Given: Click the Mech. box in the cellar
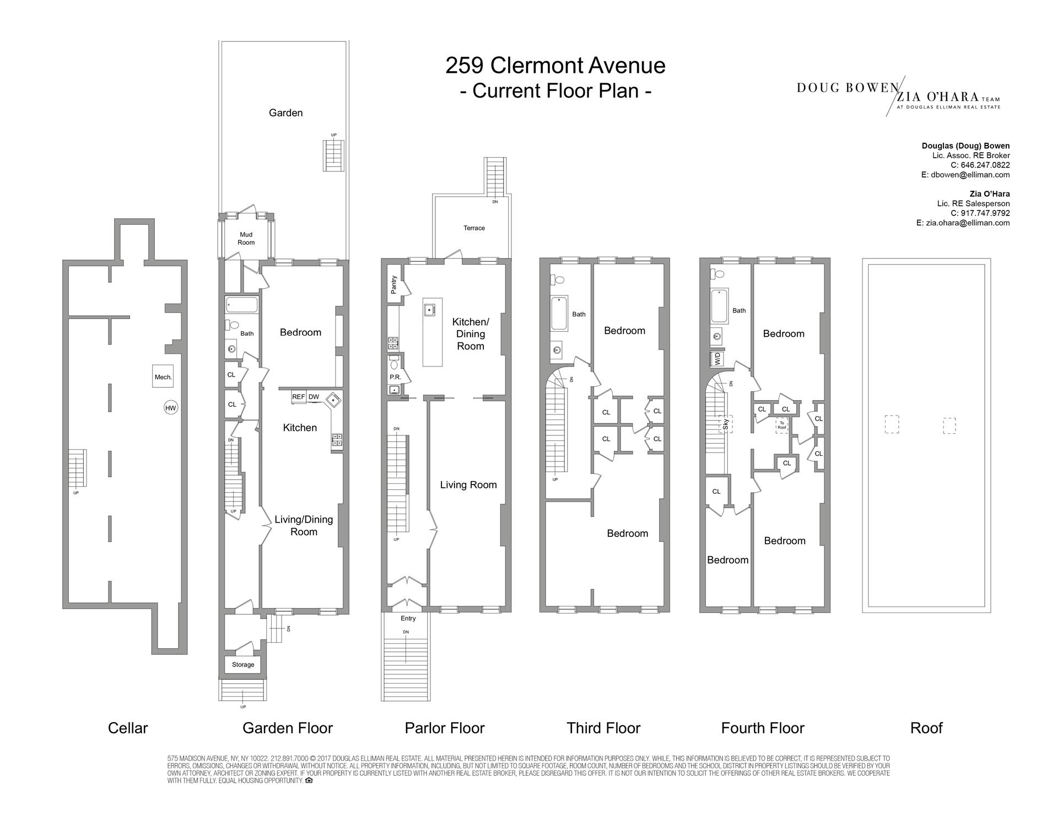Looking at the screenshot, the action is coord(163,377).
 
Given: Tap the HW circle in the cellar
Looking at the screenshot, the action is coord(171,408).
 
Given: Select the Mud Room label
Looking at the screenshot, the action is coord(246,239).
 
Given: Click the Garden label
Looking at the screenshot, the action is coord(285,113).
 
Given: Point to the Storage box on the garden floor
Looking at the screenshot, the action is coord(243,664).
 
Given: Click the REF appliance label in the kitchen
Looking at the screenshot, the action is coord(298,397).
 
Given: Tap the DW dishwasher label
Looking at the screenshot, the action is coord(314,397).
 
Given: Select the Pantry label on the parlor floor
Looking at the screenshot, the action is coord(394,284).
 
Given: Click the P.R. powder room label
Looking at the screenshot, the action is coord(395,377).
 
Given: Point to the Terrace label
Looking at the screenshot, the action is coord(474,228).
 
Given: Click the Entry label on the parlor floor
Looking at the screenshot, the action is coord(408,618).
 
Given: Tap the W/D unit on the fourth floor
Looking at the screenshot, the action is coord(717,359).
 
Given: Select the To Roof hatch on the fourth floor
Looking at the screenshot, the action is coord(781,426).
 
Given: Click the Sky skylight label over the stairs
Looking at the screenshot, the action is coord(726,424).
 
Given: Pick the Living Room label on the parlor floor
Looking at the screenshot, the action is coord(468,485).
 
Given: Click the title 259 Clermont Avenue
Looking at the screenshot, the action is coord(555,66).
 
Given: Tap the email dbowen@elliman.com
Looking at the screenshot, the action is coord(970,175).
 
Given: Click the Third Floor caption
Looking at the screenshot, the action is coord(603,728).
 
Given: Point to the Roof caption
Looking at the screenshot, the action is coord(926,728).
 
